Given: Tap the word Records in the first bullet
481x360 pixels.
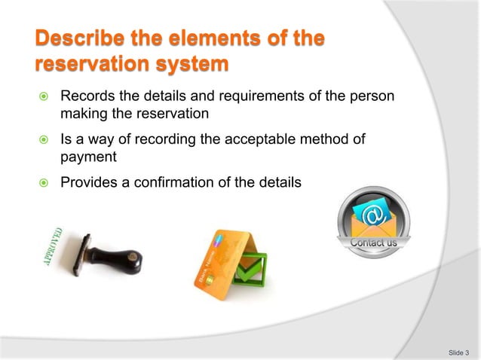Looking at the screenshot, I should tap(86, 97).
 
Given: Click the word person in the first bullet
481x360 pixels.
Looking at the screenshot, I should tap(375, 97).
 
